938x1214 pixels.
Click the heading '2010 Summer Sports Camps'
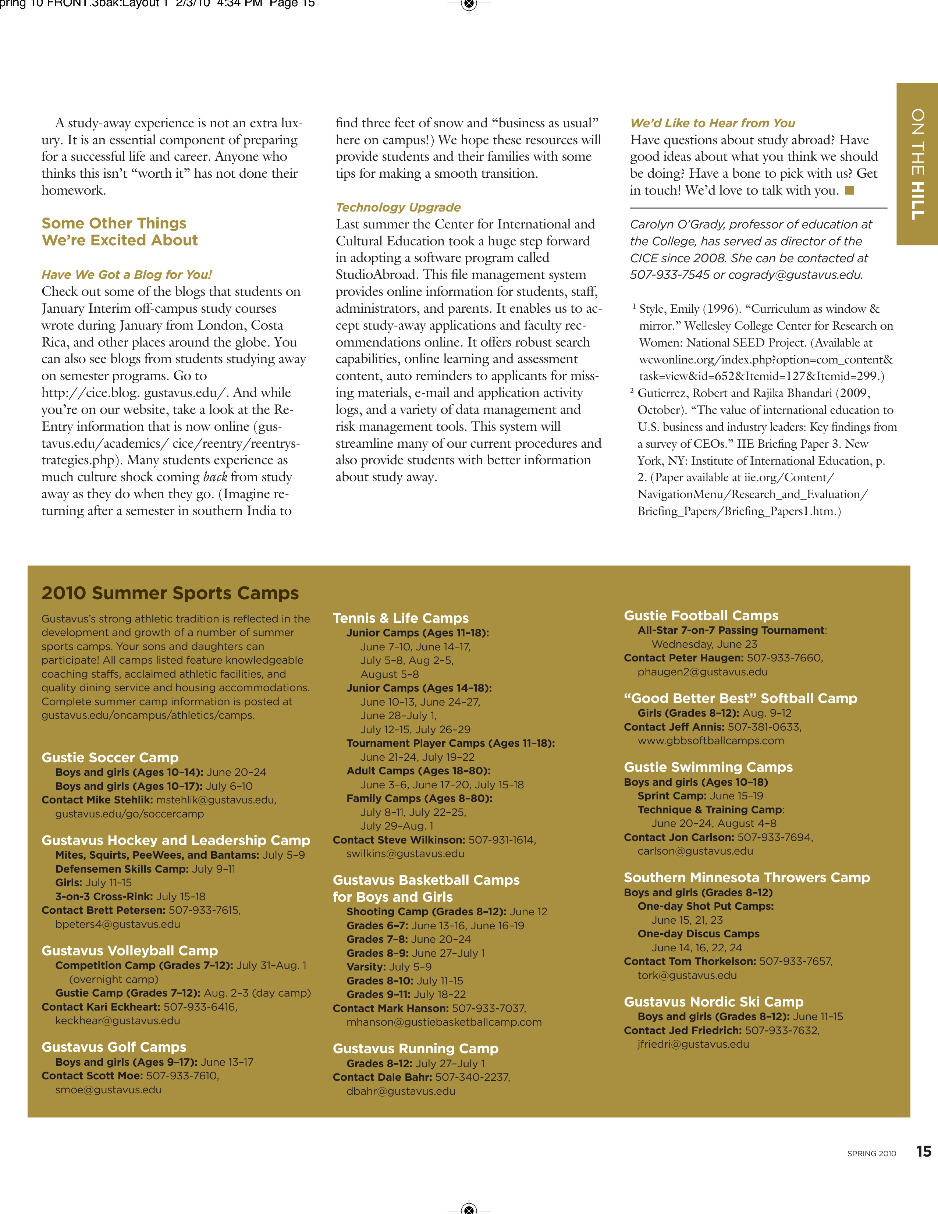point(170,593)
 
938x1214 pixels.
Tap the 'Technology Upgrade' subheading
point(398,207)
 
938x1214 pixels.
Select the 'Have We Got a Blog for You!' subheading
point(127,274)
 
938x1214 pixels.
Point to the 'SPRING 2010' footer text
point(871,1153)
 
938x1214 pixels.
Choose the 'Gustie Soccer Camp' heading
point(110,757)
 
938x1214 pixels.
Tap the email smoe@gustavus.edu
point(109,1090)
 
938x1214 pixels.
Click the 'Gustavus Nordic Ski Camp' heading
point(714,1002)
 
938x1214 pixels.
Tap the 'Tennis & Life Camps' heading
point(401,618)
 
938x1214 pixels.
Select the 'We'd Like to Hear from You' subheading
point(713,123)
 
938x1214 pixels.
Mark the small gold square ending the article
point(849,191)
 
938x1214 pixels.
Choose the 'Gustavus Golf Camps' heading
point(114,1047)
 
